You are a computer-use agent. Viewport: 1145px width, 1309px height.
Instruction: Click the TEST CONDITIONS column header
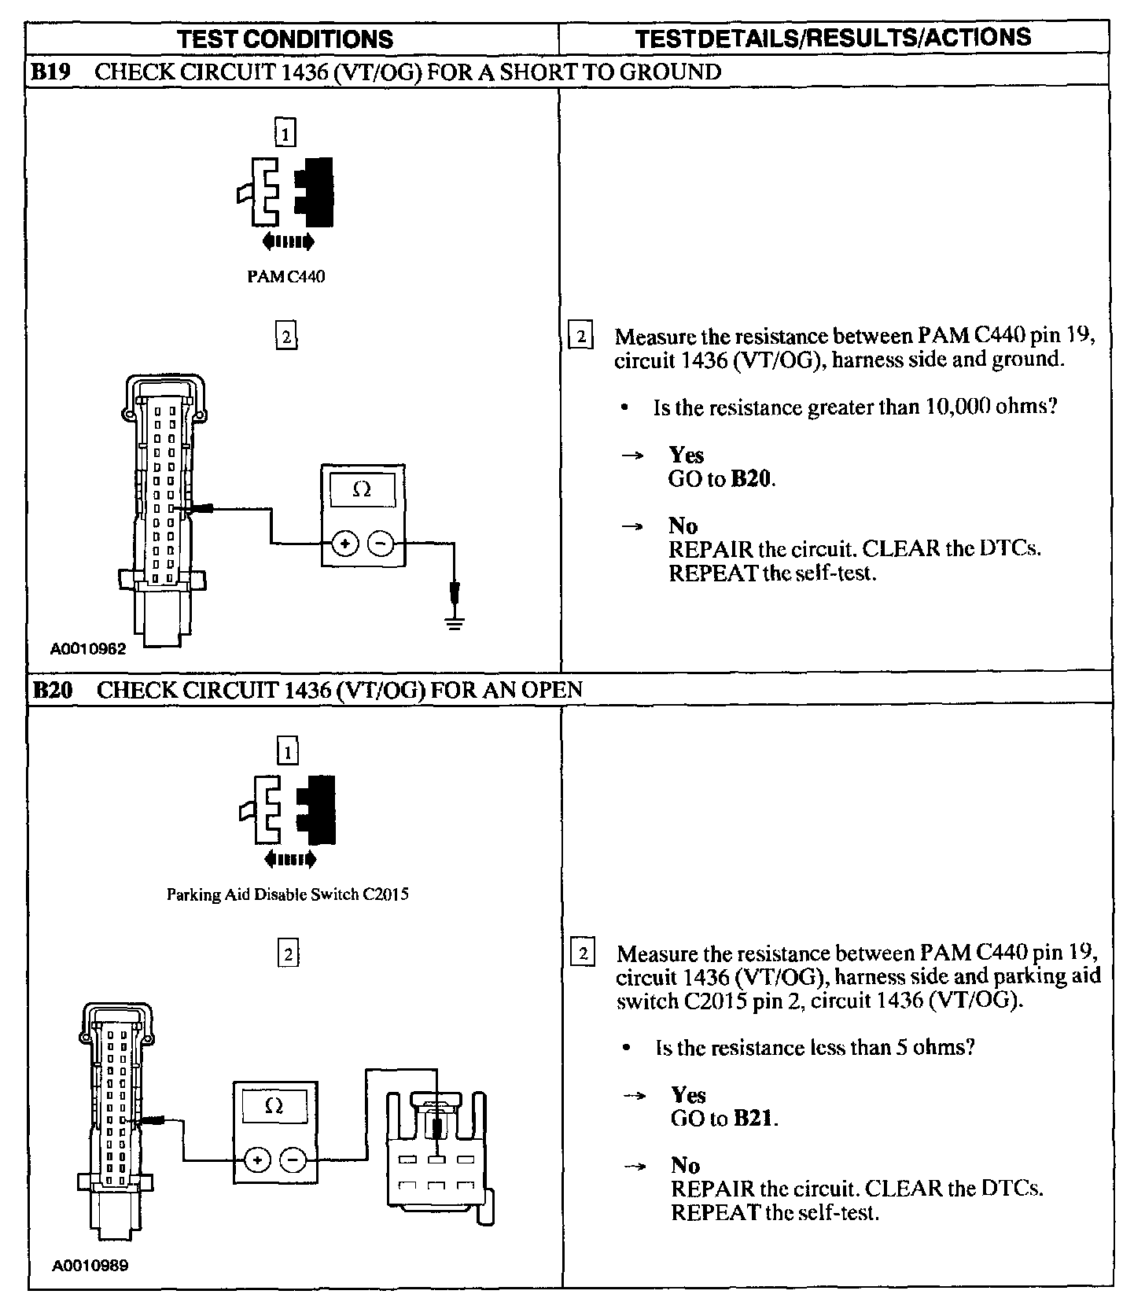[x=285, y=39]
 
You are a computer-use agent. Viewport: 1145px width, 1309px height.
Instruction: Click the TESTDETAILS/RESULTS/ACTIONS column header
[x=833, y=37]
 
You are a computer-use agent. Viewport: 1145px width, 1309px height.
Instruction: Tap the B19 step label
[x=50, y=72]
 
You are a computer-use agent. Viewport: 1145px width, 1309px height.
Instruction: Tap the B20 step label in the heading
[x=53, y=690]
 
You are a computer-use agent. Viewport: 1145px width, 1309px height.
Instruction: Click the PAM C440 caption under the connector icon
[x=285, y=277]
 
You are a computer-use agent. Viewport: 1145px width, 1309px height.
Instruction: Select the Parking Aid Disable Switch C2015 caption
[x=287, y=894]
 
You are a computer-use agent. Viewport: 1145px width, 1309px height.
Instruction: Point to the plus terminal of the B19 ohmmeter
[x=345, y=543]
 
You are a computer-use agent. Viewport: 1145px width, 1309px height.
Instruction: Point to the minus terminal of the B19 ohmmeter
[x=380, y=543]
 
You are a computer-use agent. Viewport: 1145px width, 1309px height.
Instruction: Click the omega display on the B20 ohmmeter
[x=274, y=1106]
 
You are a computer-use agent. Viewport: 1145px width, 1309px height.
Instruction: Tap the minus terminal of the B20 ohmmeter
[x=293, y=1159]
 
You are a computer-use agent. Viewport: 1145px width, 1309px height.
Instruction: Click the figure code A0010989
[x=90, y=1266]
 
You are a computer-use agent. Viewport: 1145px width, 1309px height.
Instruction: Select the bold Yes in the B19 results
[x=686, y=455]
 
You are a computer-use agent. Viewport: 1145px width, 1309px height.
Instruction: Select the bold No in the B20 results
[x=685, y=1165]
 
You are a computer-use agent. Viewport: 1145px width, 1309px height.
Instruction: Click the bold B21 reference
[x=754, y=1118]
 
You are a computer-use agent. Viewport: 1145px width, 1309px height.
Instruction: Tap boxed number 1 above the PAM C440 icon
[x=285, y=133]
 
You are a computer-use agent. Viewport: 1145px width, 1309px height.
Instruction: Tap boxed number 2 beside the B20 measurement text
[x=583, y=953]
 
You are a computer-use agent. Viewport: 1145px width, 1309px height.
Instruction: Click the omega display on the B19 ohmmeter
[x=362, y=489]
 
